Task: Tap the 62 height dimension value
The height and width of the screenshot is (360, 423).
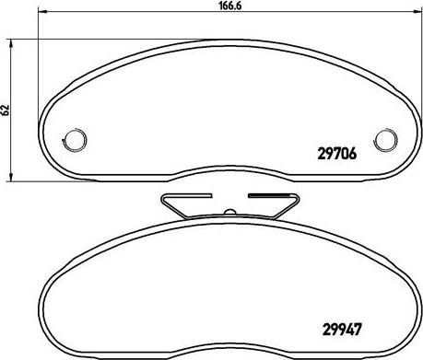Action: coord(6,110)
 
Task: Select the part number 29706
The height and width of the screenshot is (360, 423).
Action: coord(337,154)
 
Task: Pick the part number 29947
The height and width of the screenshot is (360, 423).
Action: coord(341,330)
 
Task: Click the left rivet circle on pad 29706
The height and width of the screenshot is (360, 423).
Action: coord(75,139)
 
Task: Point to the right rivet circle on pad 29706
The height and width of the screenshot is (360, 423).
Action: coord(385,139)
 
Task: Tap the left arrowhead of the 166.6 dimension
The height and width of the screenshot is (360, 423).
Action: coord(41,12)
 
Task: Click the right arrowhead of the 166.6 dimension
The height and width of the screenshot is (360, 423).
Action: coord(417,12)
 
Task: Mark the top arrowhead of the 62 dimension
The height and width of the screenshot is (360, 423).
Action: coord(11,43)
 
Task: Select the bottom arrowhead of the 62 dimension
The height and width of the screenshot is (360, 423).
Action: coord(11,177)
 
